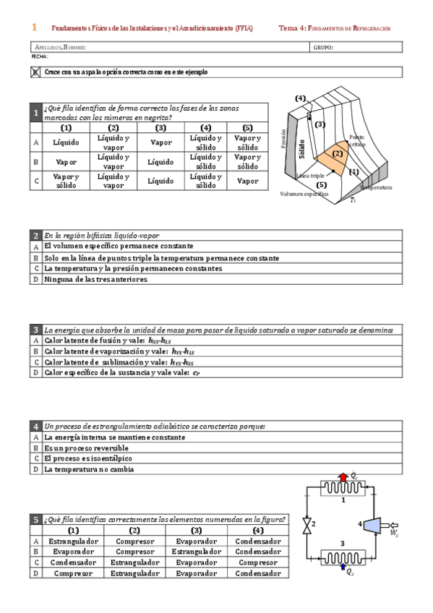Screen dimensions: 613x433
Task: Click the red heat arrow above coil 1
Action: [343, 476]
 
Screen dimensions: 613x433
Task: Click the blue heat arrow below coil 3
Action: [343, 568]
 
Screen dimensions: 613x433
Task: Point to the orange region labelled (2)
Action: [337, 155]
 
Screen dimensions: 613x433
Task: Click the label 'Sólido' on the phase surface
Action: [301, 150]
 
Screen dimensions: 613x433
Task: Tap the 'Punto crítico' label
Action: [357, 140]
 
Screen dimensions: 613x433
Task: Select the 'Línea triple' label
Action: [311, 176]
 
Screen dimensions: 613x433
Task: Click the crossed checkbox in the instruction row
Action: [35, 72]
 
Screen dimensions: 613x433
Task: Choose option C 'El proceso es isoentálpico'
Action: [85, 458]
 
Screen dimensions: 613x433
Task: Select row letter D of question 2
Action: [35, 279]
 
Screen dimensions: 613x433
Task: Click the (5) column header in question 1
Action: [247, 127]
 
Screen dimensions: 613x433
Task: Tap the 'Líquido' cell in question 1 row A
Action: [66, 142]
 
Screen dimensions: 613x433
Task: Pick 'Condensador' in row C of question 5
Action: [73, 562]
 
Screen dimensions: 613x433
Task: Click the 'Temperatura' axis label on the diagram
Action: [377, 187]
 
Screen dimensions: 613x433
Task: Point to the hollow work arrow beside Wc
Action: [393, 525]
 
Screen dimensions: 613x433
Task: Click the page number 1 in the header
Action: [34, 27]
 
